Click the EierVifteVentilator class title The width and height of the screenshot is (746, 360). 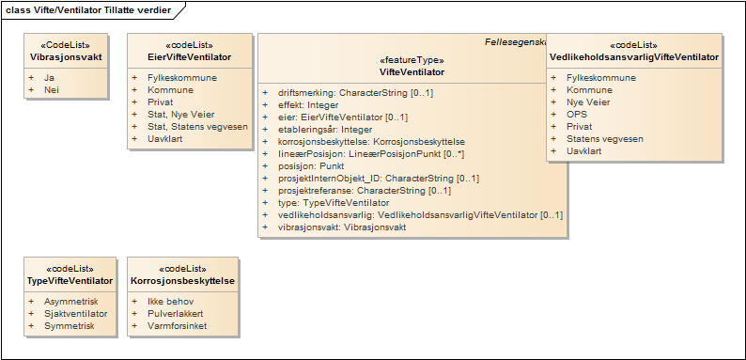(x=190, y=57)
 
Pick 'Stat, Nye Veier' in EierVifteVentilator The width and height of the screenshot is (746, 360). (x=180, y=115)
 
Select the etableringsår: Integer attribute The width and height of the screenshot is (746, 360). (x=325, y=130)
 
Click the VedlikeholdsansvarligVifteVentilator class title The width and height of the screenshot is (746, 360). (x=634, y=57)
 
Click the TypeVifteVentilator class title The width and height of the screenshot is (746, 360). (x=71, y=280)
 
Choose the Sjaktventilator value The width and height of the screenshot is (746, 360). (x=76, y=313)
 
